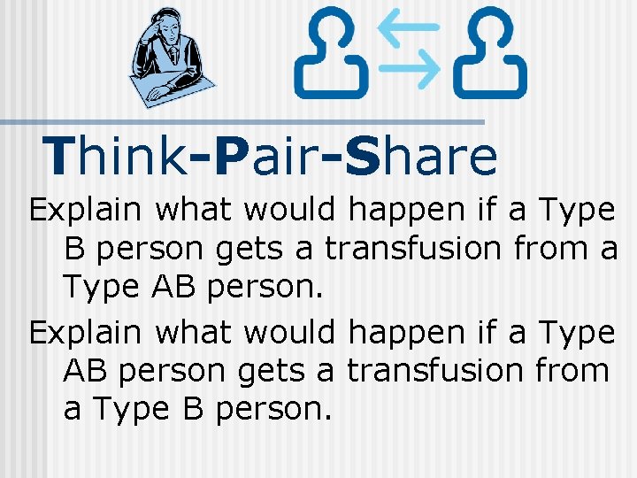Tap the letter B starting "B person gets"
coord(74,249)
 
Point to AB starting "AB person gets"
coord(85,371)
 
